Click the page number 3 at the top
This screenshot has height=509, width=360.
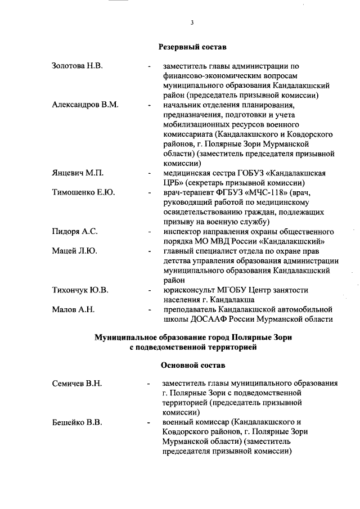(x=192, y=22)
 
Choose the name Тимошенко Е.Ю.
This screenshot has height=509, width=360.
(x=83, y=192)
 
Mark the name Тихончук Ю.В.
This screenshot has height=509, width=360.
(x=80, y=290)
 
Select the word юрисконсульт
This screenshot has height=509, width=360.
(x=187, y=290)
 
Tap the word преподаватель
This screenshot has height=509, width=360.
(x=191, y=309)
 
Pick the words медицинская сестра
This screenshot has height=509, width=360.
(x=202, y=173)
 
